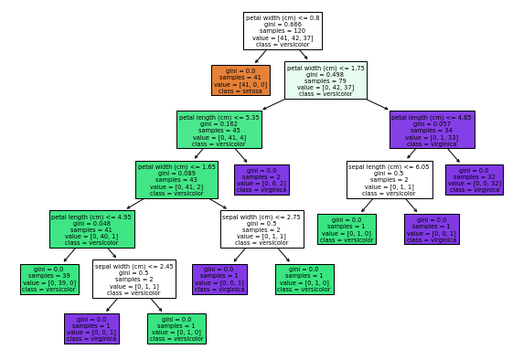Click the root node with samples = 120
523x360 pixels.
[x=283, y=31]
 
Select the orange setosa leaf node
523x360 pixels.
[x=240, y=80]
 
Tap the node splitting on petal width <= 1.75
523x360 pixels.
[x=326, y=80]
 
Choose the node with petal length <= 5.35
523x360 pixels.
[x=219, y=130]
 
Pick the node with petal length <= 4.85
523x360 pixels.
[x=432, y=130]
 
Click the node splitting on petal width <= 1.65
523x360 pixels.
[x=176, y=180]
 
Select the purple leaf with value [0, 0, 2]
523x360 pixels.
[x=261, y=180]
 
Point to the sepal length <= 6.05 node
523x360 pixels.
[x=389, y=180]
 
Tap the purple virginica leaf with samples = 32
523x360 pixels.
[x=474, y=180]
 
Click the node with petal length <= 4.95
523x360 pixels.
[x=91, y=229]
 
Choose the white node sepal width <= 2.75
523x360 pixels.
[x=261, y=229]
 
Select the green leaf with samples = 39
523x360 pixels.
[x=49, y=280]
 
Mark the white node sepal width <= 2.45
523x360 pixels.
[x=133, y=279]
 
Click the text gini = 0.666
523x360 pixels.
[x=283, y=24]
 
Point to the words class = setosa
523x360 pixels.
[x=240, y=90]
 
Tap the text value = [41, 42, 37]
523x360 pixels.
[x=283, y=37]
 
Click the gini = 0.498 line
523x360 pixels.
[x=326, y=73]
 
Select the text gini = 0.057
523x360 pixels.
[x=432, y=123]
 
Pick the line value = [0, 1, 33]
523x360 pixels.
[x=432, y=137]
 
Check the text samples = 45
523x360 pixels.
[x=219, y=130]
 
